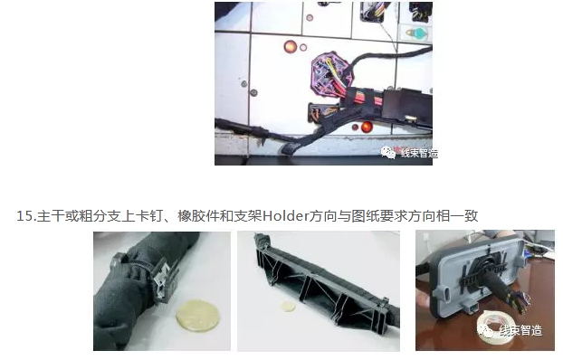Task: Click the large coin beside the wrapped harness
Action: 197,315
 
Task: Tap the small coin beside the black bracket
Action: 289,306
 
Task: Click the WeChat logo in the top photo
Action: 387,153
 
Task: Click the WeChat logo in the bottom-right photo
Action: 486,330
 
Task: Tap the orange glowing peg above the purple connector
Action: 291,47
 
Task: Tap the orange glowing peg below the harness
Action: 367,127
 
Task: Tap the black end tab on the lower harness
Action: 291,147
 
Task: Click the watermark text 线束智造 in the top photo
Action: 419,153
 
